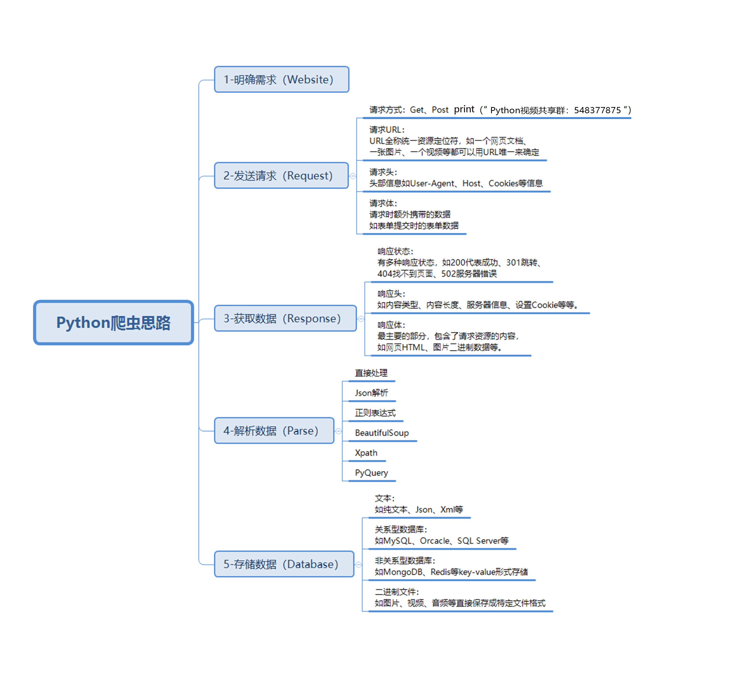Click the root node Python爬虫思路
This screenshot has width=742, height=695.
[x=114, y=323]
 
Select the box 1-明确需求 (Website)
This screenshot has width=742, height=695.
[x=281, y=79]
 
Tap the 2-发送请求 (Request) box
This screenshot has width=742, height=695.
[x=281, y=175]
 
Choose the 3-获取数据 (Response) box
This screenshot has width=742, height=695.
[x=285, y=318]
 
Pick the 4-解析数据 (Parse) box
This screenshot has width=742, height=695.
[x=274, y=431]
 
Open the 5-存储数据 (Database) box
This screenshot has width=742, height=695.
[x=284, y=564]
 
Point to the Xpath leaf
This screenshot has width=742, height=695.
[x=366, y=453]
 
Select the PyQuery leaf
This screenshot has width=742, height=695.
[x=371, y=473]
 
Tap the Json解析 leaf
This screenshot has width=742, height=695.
[x=371, y=393]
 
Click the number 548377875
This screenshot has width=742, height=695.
[x=597, y=110]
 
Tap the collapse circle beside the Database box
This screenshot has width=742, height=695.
[x=358, y=564]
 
